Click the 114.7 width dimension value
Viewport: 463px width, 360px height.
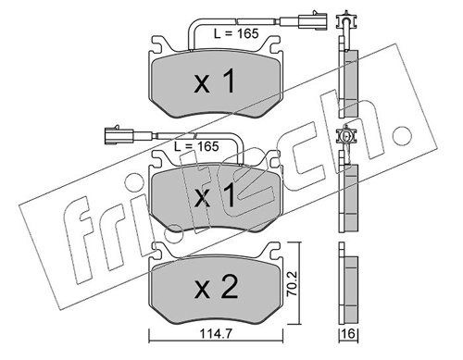[216, 333]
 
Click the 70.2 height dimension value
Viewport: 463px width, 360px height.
[292, 283]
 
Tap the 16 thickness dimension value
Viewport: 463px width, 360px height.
[349, 334]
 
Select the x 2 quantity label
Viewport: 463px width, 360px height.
[216, 288]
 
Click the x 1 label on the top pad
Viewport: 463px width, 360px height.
[215, 81]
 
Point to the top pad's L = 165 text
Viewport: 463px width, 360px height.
[236, 33]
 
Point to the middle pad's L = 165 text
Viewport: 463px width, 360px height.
[196, 146]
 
